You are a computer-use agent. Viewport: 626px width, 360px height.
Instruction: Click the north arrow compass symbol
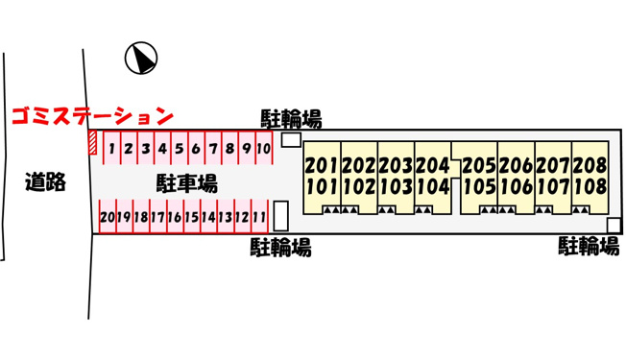click(141, 58)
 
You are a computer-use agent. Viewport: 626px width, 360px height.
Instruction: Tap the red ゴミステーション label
click(92, 116)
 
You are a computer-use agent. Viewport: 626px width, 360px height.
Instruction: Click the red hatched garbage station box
click(92, 142)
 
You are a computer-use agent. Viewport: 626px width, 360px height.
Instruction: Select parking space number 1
click(111, 148)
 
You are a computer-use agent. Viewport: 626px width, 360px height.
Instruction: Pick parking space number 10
click(263, 148)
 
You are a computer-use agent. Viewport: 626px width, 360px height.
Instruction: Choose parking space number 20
click(108, 217)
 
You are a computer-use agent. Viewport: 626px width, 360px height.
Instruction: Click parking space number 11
click(259, 217)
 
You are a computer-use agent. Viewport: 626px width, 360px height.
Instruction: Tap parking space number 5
click(180, 148)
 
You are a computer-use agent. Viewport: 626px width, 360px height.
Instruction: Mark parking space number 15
click(192, 217)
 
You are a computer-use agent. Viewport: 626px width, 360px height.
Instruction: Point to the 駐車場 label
click(187, 183)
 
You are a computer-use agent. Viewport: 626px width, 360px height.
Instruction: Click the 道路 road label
click(45, 182)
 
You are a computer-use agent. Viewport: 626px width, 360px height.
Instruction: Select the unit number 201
click(322, 166)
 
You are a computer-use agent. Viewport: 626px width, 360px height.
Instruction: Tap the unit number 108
click(590, 186)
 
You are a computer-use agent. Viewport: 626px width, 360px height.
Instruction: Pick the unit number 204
click(432, 166)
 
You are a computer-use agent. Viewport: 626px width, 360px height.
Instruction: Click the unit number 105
click(479, 186)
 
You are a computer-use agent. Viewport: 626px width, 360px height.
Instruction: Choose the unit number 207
click(553, 166)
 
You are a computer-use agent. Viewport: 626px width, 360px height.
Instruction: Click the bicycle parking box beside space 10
click(291, 140)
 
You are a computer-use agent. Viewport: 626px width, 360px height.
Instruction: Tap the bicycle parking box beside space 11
click(281, 216)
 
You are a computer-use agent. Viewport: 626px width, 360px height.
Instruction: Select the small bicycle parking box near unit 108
click(614, 226)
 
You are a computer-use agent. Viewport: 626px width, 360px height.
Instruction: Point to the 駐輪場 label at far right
click(589, 246)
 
